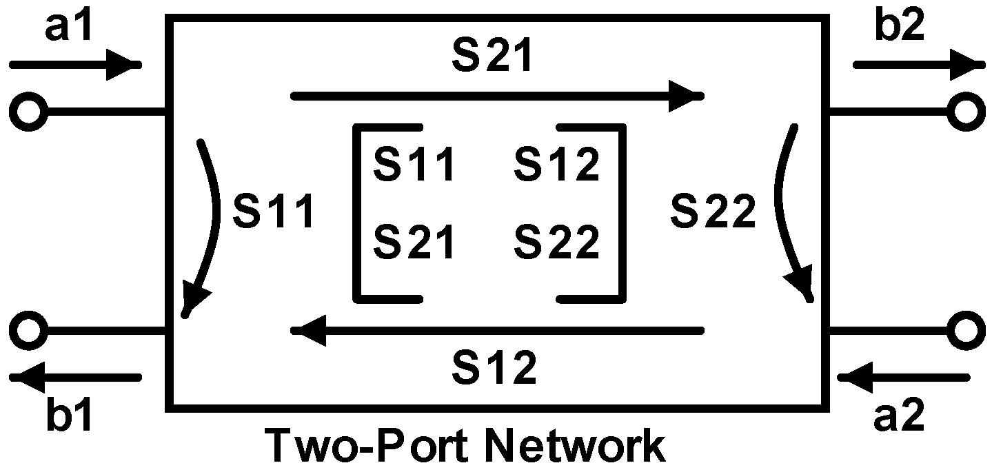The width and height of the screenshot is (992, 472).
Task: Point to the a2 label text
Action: click(900, 418)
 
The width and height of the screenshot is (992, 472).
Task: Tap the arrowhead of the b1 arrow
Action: click(28, 376)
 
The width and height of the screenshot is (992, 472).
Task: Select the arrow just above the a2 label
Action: click(903, 377)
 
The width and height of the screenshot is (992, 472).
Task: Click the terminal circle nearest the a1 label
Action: click(29, 110)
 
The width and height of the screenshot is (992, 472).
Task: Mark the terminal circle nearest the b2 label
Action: click(964, 110)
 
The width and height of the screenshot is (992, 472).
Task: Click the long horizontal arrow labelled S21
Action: click(496, 96)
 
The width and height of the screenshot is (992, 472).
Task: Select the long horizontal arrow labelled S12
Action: click(496, 331)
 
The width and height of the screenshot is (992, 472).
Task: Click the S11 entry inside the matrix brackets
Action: click(414, 165)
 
